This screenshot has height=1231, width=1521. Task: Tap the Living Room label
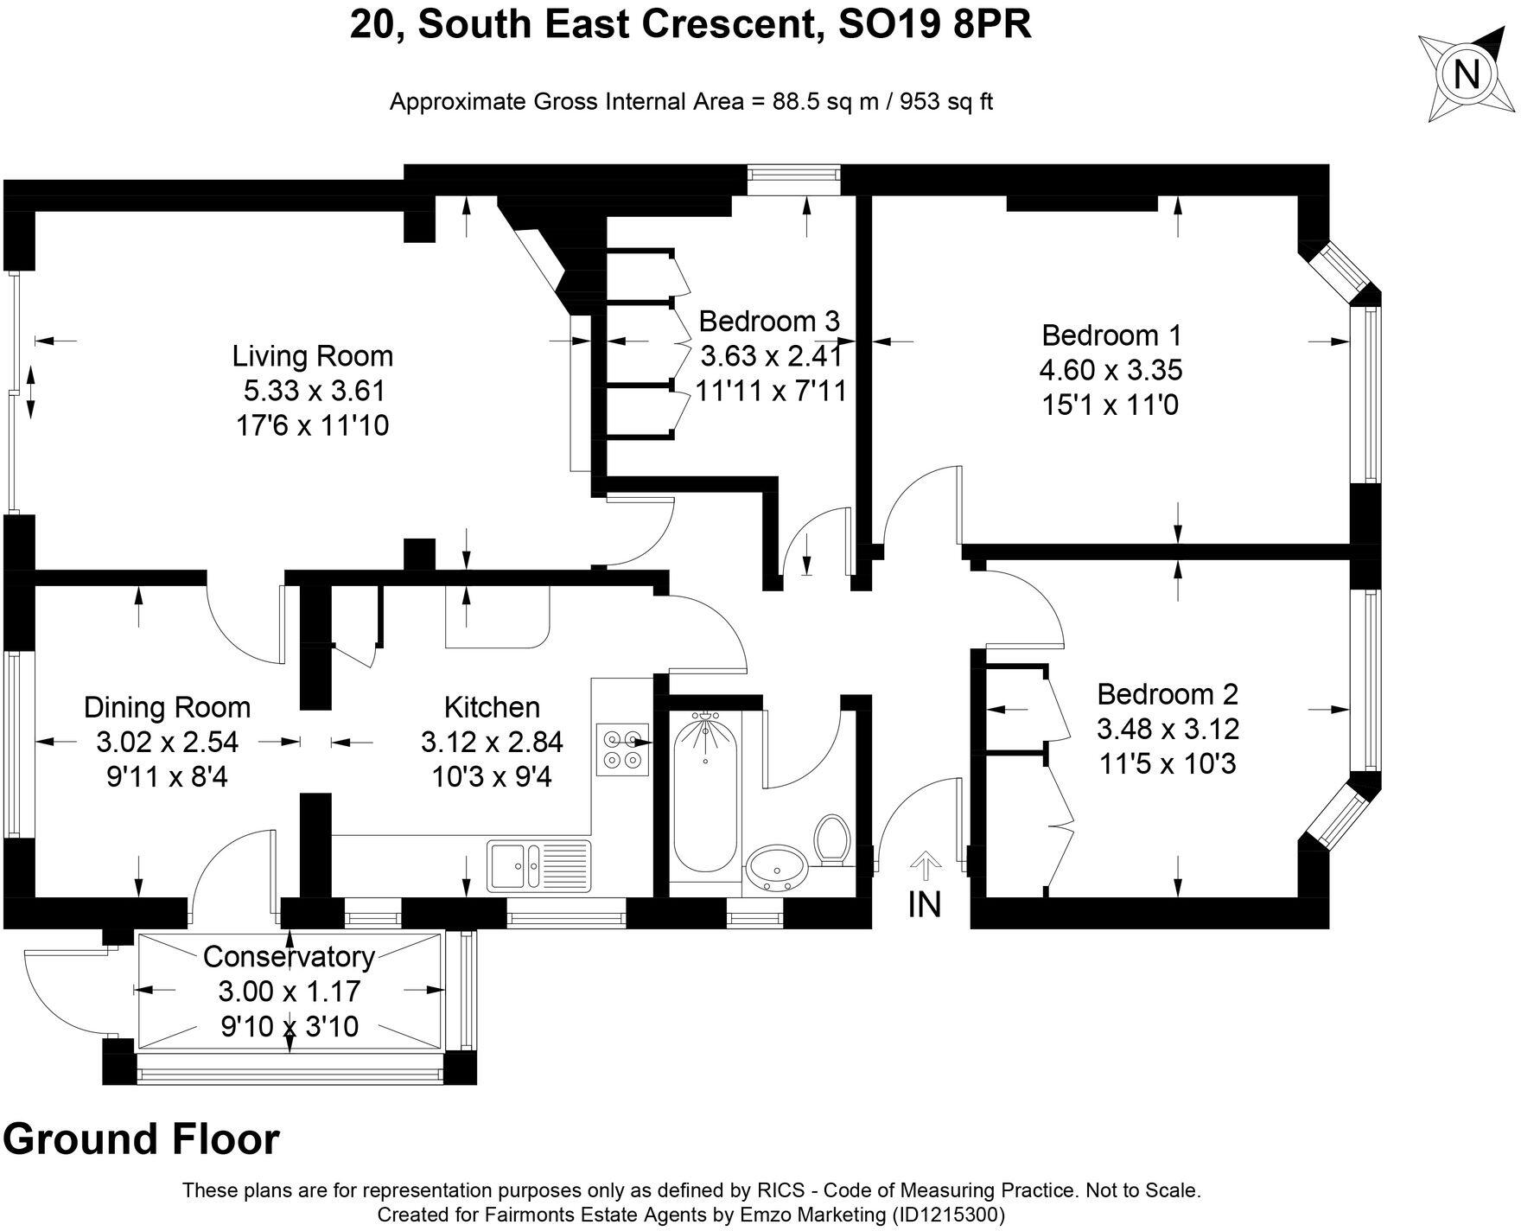pos(312,356)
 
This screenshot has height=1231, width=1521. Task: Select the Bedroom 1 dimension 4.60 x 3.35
pos(1111,370)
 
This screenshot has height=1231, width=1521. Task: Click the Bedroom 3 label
pos(769,322)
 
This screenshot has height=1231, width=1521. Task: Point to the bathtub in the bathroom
pos(705,793)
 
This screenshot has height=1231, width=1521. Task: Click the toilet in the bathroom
pos(832,839)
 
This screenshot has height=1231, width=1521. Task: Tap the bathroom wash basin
pos(776,866)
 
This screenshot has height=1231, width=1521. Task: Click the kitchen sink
pos(538,865)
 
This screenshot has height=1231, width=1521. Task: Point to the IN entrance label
pos(924,904)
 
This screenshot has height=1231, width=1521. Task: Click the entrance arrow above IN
pos(926,866)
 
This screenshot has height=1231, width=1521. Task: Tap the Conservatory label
pos(289,957)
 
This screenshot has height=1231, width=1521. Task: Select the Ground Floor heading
pos(142,1139)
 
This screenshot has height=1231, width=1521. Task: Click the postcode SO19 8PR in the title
pos(935,25)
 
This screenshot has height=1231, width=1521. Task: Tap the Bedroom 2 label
pos(1168,694)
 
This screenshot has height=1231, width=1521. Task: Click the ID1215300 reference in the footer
pos(945,1215)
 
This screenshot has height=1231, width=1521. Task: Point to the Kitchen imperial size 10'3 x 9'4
pos(492,776)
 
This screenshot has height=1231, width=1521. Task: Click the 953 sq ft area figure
pos(946,102)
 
